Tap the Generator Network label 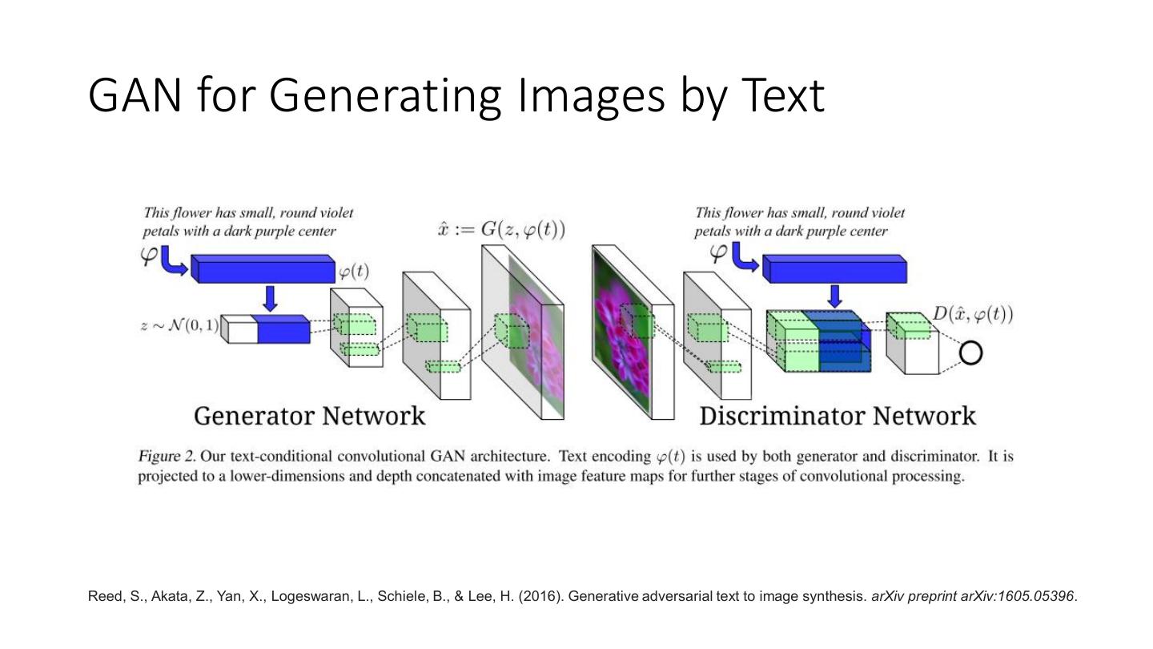[309, 416]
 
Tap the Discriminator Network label [838, 416]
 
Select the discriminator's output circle [970, 353]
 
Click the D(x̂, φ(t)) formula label [973, 314]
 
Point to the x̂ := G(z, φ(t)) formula [501, 230]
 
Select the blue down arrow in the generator [271, 298]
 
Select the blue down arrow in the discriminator [835, 296]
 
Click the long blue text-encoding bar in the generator [263, 270]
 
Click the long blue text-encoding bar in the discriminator [834, 270]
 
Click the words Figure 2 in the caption [167, 457]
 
